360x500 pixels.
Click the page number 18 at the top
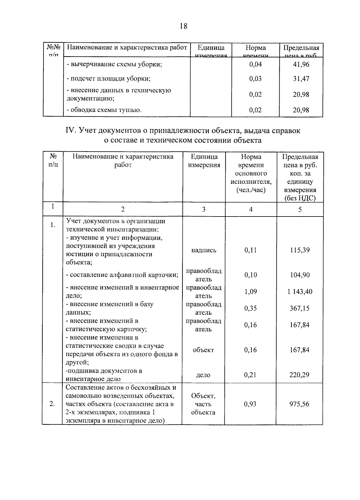[183, 26]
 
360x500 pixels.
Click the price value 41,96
[301, 64]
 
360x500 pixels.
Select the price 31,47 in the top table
[301, 79]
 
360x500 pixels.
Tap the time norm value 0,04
[255, 64]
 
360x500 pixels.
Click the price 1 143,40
[300, 292]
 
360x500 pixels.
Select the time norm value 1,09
[250, 292]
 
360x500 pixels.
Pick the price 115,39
[300, 250]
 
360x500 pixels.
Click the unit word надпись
[203, 250]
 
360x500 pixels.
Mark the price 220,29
[299, 375]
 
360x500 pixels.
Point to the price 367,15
[299, 308]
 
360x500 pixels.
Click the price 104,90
[300, 275]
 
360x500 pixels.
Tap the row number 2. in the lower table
[52, 404]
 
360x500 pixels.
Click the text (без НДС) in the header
[300, 198]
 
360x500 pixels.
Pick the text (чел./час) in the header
[251, 190]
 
